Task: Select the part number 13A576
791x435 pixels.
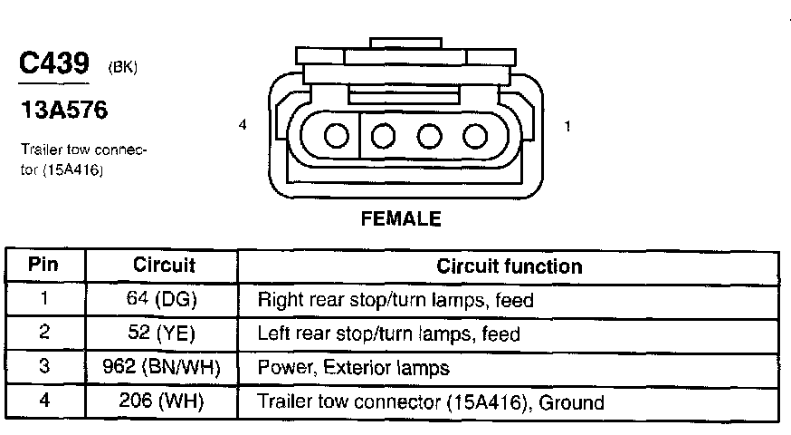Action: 63,111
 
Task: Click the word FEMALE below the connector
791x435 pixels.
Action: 400,218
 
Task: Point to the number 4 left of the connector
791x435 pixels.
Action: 243,126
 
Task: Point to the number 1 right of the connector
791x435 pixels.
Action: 567,127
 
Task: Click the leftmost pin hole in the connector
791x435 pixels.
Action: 337,136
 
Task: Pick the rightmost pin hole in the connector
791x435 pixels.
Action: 474,136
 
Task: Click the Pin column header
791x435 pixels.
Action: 43,266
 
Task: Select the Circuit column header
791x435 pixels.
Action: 164,266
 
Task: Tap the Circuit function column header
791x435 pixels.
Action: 509,266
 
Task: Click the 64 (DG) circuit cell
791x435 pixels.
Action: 164,299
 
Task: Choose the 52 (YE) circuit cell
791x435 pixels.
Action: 164,333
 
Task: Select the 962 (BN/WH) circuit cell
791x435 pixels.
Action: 164,367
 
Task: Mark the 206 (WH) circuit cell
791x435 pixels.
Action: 164,401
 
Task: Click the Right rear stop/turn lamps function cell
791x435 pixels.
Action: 395,300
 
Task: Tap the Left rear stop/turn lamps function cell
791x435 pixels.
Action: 389,333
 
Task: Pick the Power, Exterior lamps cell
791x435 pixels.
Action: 353,368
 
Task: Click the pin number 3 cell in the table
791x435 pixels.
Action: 44,367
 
